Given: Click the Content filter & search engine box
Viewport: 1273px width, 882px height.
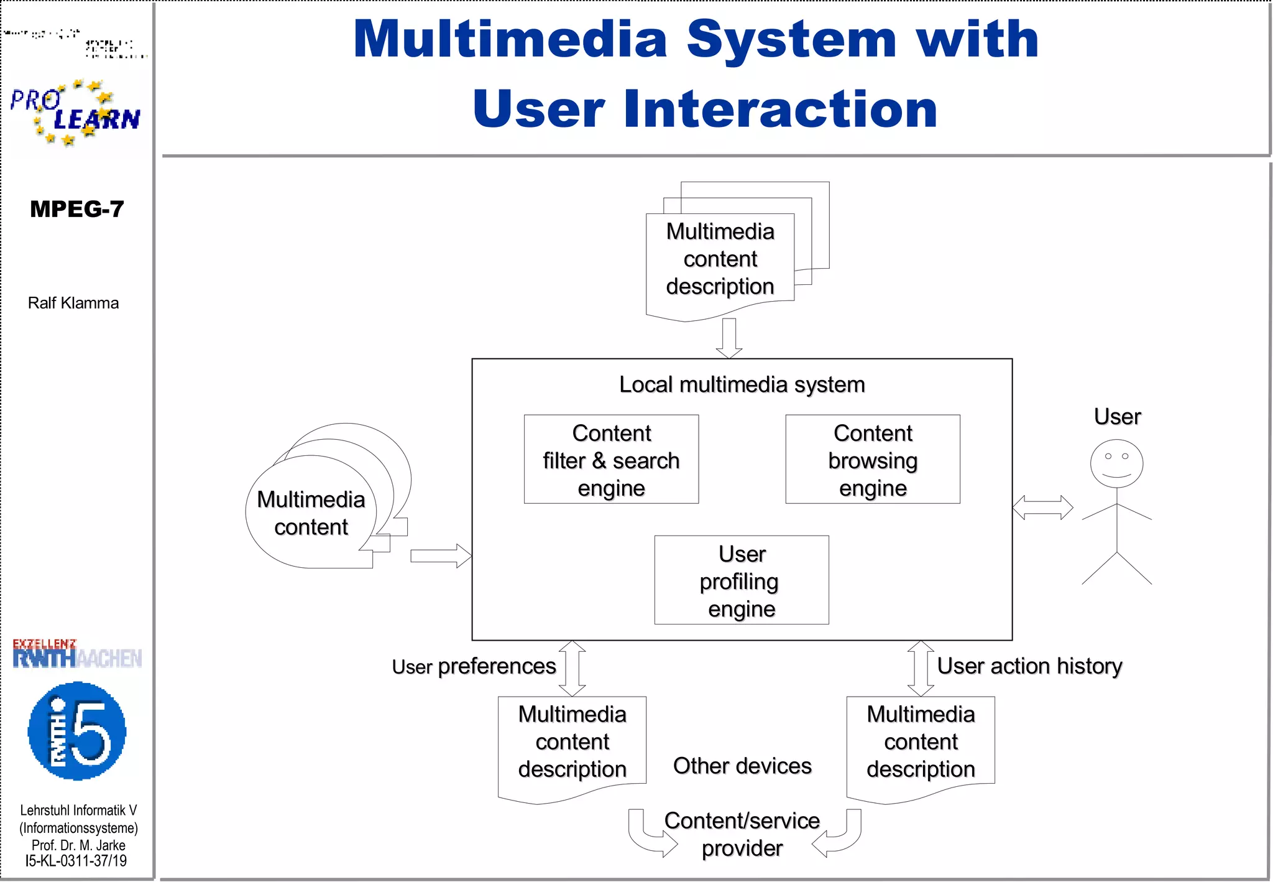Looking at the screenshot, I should [x=611, y=459].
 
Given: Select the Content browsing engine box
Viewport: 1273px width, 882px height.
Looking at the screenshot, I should [x=872, y=459].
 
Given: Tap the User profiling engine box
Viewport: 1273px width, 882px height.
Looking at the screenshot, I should [x=741, y=580].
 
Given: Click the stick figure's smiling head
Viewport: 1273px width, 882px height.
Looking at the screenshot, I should [x=1116, y=464].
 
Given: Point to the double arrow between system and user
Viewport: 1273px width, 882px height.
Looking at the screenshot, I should [x=1042, y=508].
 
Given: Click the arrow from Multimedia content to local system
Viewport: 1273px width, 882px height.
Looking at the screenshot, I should [x=440, y=555].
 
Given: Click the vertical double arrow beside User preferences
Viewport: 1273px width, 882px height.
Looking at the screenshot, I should [x=572, y=668].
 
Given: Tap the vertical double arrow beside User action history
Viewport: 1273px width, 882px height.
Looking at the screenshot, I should [x=921, y=668].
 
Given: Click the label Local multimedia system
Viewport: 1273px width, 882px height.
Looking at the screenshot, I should [x=742, y=384].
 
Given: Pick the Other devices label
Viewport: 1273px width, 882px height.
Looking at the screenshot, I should [x=742, y=766].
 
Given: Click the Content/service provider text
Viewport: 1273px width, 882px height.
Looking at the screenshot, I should [x=742, y=834].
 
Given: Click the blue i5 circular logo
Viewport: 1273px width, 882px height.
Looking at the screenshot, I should [x=77, y=731].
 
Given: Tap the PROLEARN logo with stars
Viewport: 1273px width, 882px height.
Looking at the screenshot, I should [x=75, y=113].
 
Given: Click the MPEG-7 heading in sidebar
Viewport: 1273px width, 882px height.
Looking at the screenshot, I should [x=77, y=209].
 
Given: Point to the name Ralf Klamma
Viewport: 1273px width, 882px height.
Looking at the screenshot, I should [x=73, y=303].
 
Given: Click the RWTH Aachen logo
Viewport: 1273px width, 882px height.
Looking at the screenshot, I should [x=77, y=654].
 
